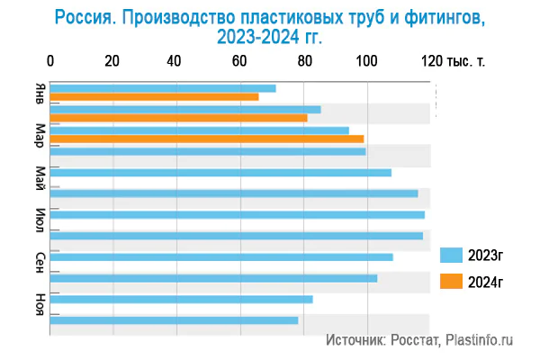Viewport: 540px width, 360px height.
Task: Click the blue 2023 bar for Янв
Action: point(163,88)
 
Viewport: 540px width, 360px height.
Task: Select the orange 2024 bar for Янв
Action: point(154,97)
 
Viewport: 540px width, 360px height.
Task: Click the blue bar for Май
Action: point(220,172)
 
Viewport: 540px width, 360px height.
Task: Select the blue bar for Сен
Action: point(221,256)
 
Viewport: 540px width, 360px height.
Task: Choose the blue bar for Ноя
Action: point(181,299)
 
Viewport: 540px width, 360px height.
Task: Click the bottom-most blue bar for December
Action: point(174,320)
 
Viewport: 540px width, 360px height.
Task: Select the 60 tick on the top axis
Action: point(239,61)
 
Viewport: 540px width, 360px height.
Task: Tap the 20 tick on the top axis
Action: point(112,61)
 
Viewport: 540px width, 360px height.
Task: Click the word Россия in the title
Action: point(85,17)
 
